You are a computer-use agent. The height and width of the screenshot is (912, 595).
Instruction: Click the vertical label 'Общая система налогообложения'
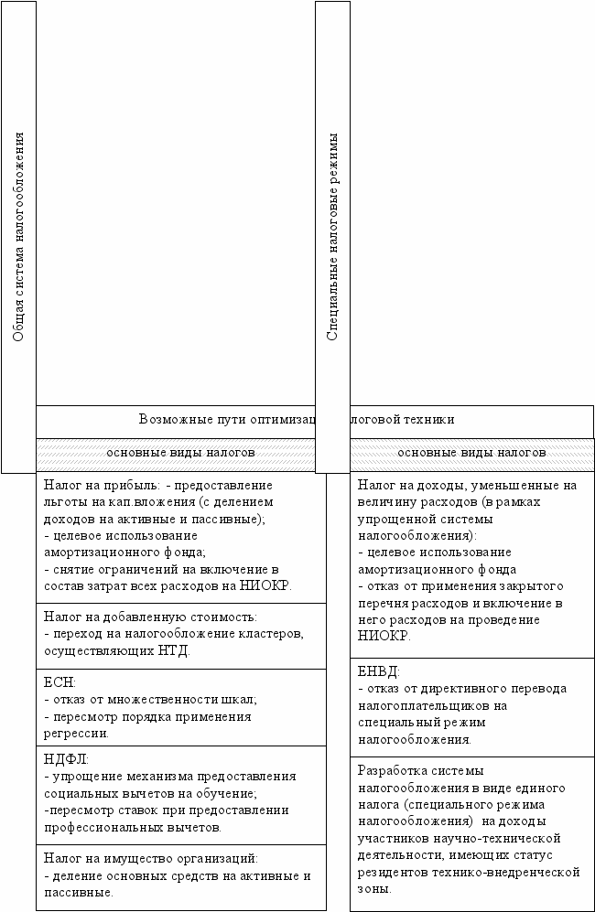pyautogui.click(x=18, y=237)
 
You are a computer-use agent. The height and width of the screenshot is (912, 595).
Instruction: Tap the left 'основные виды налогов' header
pyautogui.click(x=180, y=452)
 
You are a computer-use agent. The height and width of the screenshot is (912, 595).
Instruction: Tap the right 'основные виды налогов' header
pyautogui.click(x=471, y=452)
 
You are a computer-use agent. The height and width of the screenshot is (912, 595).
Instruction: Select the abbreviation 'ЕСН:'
pyautogui.click(x=59, y=683)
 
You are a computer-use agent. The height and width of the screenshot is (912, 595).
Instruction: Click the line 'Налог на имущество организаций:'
pyautogui.click(x=151, y=859)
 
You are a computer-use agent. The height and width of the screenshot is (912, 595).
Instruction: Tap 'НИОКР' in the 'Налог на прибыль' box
pyautogui.click(x=266, y=586)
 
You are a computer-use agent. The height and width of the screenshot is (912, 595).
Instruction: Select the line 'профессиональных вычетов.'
pyautogui.click(x=133, y=827)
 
